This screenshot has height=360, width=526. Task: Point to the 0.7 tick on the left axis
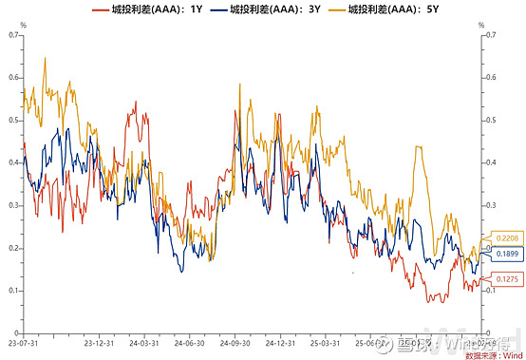pyautogui.click(x=13, y=35)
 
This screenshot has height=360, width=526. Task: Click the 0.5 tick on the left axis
pyautogui.click(x=13, y=121)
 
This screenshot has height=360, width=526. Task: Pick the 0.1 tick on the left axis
pyautogui.click(x=13, y=291)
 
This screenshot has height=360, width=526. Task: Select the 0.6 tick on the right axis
pyautogui.click(x=491, y=78)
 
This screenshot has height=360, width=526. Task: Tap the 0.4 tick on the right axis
pyautogui.click(x=491, y=162)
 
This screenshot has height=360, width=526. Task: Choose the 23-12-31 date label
pyautogui.click(x=99, y=343)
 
